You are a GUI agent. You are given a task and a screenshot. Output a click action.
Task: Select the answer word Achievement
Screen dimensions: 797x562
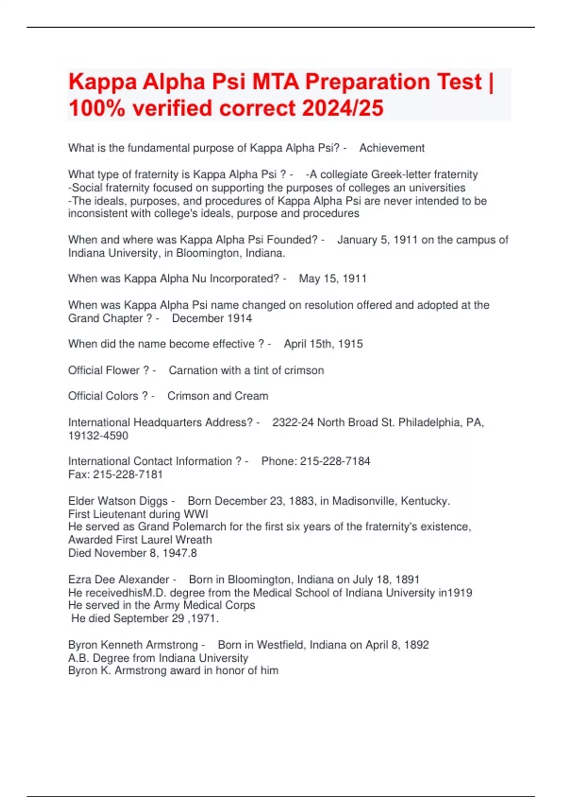tap(392, 148)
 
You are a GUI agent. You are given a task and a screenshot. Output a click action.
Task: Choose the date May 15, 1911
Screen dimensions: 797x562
tap(333, 279)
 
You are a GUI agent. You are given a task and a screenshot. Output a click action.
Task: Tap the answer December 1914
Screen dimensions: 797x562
tap(212, 318)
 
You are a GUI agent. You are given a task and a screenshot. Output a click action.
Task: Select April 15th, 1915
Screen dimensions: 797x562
tap(323, 344)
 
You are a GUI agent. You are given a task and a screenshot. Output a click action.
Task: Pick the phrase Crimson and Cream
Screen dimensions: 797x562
tap(218, 396)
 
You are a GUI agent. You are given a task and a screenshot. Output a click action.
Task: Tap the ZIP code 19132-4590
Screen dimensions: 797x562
tap(98, 436)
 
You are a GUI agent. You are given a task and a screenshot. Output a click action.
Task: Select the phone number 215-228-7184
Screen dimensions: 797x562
tap(335, 461)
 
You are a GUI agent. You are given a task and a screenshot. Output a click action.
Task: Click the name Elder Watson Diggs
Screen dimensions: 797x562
tap(118, 501)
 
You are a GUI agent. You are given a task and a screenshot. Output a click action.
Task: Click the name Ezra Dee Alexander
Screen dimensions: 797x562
tap(118, 579)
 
